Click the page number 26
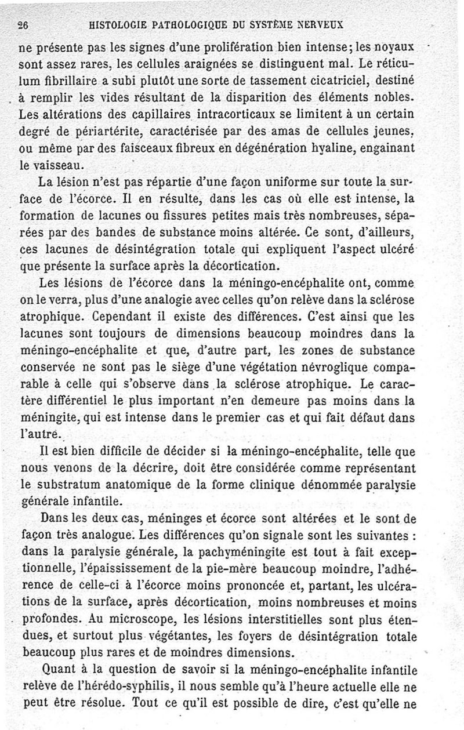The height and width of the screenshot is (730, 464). pyautogui.click(x=24, y=24)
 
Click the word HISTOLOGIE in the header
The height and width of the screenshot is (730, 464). pyautogui.click(x=119, y=24)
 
